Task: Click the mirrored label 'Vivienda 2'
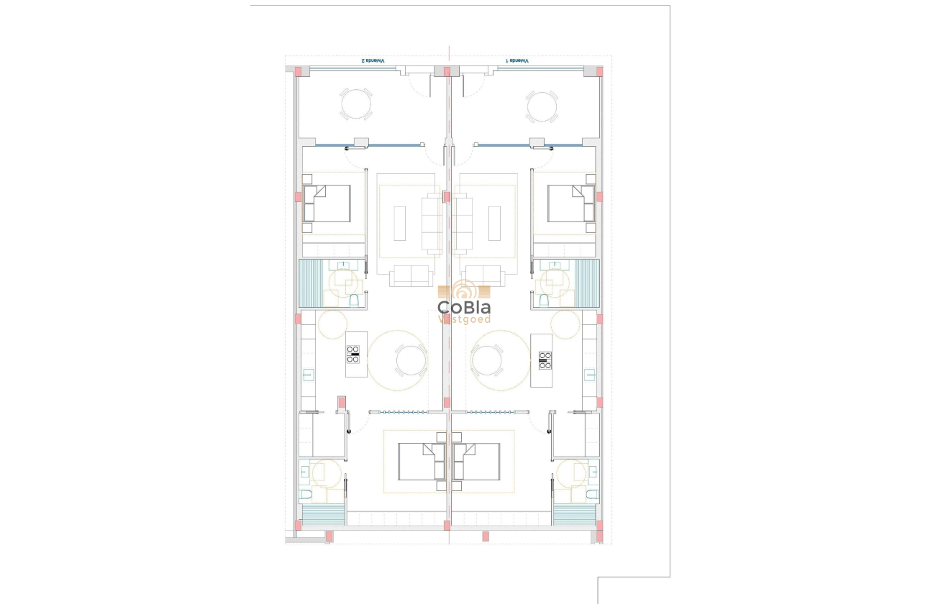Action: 373,61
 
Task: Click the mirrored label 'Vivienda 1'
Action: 517,61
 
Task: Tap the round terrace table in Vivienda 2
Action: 356,104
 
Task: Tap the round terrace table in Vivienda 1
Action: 541,105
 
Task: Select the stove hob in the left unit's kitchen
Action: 353,354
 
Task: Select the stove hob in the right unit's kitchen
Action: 545,359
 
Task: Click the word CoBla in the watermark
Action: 464,307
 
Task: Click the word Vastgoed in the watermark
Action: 465,319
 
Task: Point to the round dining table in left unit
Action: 410,360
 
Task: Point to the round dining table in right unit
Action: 486,360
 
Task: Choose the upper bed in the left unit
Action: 327,203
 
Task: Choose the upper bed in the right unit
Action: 570,203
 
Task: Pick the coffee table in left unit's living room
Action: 400,223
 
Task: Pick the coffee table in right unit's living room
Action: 494,223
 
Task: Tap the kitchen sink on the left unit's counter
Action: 308,373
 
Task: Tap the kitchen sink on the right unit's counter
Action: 590,373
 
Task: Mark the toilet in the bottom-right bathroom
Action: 591,494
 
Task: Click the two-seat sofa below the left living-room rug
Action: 411,275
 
